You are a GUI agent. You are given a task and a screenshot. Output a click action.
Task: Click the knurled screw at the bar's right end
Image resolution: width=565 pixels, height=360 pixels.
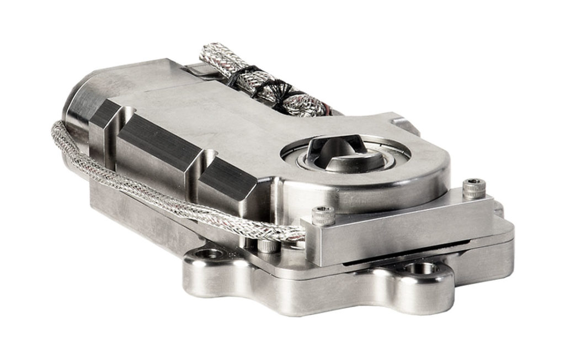474,189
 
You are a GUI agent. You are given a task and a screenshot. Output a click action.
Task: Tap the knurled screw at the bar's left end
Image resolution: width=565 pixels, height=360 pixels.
323,215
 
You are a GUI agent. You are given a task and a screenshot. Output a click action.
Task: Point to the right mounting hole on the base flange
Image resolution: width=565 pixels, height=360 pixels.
422,269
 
